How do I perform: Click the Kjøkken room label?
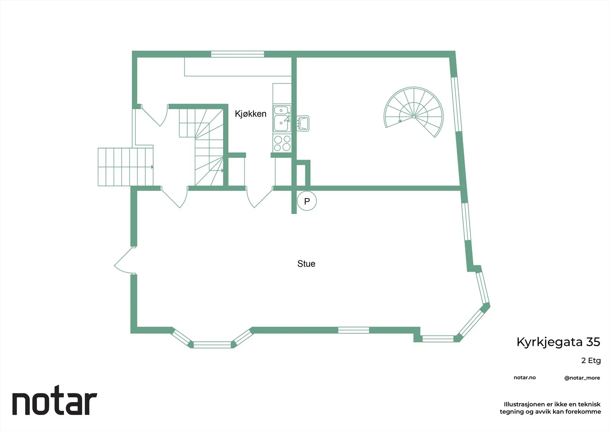pyautogui.click(x=250, y=114)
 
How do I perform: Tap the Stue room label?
pyautogui.click(x=307, y=264)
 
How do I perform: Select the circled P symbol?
pyautogui.click(x=307, y=201)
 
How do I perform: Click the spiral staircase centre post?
pyautogui.click(x=414, y=117)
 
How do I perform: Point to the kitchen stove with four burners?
pyautogui.click(x=282, y=143)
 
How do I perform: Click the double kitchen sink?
pyautogui.click(x=282, y=119)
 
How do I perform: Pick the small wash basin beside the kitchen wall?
pyautogui.click(x=303, y=123)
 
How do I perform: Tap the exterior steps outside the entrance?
pyautogui.click(x=125, y=167)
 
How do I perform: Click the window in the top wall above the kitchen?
pyautogui.click(x=238, y=54)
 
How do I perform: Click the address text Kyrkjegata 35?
pyautogui.click(x=558, y=342)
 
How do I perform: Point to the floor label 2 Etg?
pyautogui.click(x=591, y=361)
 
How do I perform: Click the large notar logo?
pyautogui.click(x=55, y=400)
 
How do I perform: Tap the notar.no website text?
pyautogui.click(x=525, y=378)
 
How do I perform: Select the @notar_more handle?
pyautogui.click(x=582, y=378)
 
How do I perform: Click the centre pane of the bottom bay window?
pyautogui.click(x=212, y=345)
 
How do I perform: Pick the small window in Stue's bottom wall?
pyautogui.click(x=353, y=330)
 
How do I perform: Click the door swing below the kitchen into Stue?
pyautogui.click(x=259, y=197)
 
